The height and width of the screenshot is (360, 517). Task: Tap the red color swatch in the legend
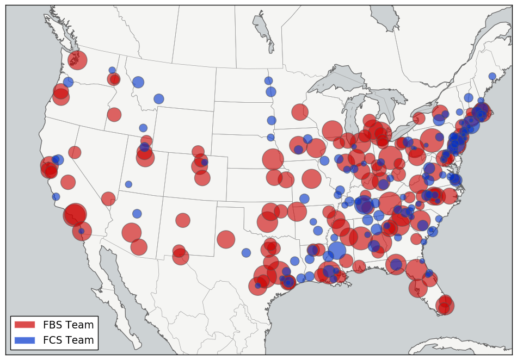point(24,325)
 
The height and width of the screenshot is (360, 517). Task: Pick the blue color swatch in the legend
point(24,340)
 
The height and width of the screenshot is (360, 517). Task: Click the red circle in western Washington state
point(77,60)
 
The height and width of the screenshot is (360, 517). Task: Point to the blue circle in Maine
point(492,77)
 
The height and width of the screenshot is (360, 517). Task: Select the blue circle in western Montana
point(138,82)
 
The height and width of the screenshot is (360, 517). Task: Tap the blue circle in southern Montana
point(158,98)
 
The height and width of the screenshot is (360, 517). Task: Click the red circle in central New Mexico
point(183,220)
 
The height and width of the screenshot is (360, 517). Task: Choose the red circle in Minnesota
point(300,112)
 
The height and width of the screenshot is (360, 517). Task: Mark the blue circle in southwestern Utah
point(128,184)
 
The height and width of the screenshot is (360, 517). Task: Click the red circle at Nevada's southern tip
point(108,199)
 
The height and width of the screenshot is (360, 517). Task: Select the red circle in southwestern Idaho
point(114,115)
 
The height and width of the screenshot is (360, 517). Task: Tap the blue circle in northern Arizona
point(137,214)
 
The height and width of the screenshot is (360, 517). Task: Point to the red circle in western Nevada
point(75,152)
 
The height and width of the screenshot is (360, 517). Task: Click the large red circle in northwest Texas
point(226,239)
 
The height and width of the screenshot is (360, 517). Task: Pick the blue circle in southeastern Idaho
point(143,128)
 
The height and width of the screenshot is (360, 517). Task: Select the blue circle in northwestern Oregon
point(68,82)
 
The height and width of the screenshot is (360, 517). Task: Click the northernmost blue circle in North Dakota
point(268,80)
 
